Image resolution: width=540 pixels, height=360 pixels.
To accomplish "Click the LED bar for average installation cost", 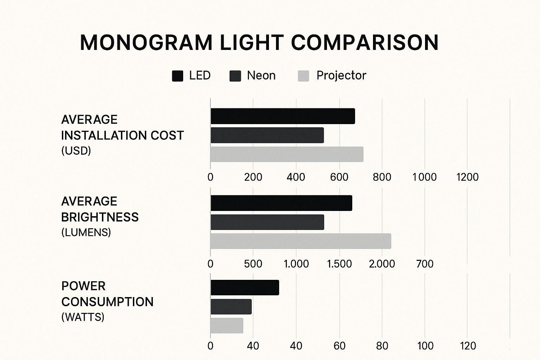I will [x=283, y=116].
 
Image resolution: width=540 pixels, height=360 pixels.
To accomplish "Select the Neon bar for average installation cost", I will [x=267, y=135].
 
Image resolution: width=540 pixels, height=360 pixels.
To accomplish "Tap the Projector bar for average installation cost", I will [x=287, y=154].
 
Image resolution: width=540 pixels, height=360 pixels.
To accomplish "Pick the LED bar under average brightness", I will [x=281, y=203].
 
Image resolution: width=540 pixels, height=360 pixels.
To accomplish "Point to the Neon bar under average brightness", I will [x=267, y=222].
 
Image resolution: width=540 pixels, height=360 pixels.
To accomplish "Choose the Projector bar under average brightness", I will [x=301, y=241].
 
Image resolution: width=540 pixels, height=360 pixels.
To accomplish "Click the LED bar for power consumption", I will [x=245, y=288].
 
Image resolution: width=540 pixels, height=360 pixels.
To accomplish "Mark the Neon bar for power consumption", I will [x=231, y=307].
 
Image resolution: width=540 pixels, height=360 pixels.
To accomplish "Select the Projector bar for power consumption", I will [x=227, y=326].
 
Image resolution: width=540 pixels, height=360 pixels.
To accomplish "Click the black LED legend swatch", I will [x=178, y=76].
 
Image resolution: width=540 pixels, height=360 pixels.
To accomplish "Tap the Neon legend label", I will [x=261, y=76].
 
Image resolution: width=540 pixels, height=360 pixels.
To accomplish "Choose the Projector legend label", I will [x=341, y=76].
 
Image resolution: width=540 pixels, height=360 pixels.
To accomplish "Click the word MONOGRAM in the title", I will [x=146, y=43].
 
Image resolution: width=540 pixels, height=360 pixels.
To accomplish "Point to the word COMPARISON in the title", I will [x=365, y=43].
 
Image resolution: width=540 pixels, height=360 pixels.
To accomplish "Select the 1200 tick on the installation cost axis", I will [x=467, y=177].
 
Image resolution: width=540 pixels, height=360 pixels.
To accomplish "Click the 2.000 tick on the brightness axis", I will [x=382, y=264].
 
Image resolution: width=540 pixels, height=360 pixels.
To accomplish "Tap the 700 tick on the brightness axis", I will [x=425, y=264].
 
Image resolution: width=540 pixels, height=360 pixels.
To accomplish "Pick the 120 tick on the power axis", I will [x=468, y=346].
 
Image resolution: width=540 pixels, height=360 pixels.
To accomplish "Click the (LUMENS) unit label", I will [x=86, y=232].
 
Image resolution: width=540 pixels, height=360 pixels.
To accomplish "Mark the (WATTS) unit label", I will [x=83, y=317].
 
